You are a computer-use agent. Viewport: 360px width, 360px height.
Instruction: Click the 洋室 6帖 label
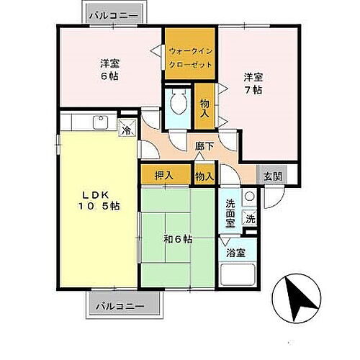point(109,69)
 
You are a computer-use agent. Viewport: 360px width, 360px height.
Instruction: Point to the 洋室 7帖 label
point(252,84)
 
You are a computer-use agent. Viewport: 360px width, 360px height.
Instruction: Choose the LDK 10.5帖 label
point(99,199)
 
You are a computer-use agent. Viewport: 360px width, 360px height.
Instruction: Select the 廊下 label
point(204,146)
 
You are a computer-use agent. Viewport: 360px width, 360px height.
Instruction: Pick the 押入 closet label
point(165,175)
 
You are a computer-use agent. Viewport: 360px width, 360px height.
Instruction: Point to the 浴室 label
point(235,253)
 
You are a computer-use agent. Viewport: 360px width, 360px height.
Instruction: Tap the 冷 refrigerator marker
point(126,130)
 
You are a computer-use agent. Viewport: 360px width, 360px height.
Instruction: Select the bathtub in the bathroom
point(239,277)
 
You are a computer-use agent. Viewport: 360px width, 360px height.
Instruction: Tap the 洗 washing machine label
point(250,220)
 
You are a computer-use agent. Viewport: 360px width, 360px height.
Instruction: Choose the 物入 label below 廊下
point(204,175)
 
